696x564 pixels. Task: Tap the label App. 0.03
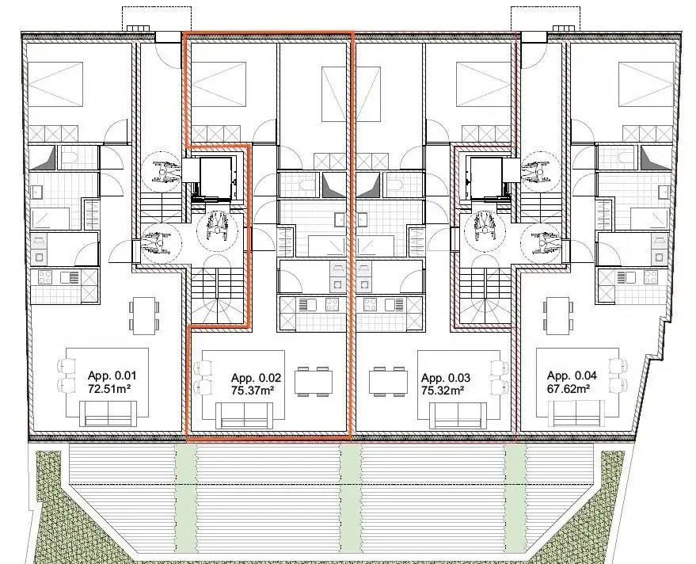click(x=443, y=378)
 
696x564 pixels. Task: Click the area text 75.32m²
click(x=443, y=390)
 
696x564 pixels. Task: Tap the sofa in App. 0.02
click(x=244, y=415)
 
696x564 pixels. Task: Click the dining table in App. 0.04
click(x=558, y=315)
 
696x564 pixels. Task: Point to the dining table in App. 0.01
click(x=143, y=315)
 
